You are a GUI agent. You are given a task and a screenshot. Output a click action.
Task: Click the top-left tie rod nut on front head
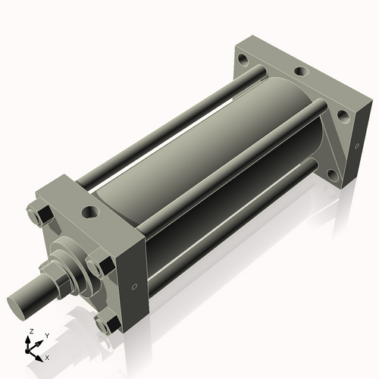click(39, 215)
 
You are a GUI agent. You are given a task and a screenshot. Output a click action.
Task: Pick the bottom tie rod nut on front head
click(108, 322)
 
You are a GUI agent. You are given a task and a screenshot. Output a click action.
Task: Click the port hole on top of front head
click(94, 211)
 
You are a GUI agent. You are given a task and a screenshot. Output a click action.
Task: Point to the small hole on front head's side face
click(134, 287)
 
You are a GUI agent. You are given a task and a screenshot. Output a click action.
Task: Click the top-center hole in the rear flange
click(301, 72)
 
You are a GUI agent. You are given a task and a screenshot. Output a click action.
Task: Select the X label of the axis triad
click(48, 356)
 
